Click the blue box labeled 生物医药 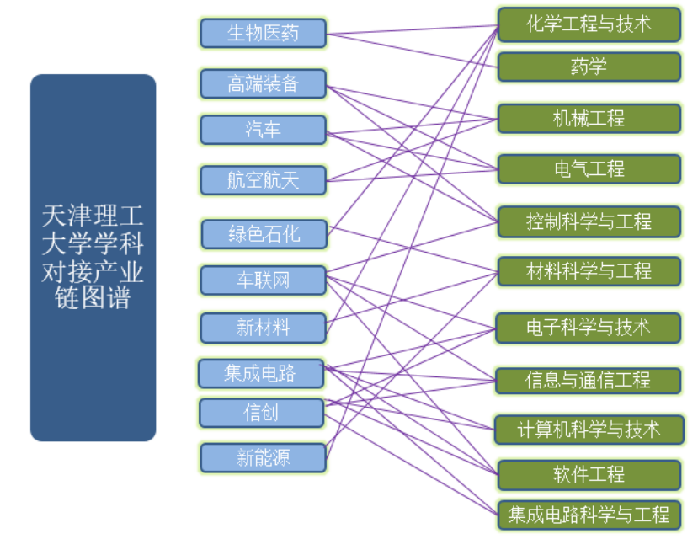tap(263, 34)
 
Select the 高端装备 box tap(263, 83)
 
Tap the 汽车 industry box tap(263, 130)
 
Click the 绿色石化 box tap(263, 233)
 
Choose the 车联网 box tap(263, 280)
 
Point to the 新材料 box tap(263, 327)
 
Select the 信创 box tap(261, 413)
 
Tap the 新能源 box tap(263, 458)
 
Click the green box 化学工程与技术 tap(589, 24)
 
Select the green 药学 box tap(589, 67)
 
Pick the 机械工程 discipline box tap(589, 119)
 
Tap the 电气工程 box tap(589, 169)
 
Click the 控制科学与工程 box tap(589, 222)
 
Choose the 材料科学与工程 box tap(589, 271)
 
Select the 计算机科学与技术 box tap(589, 429)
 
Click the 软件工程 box tap(589, 475)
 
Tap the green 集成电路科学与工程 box tap(589, 514)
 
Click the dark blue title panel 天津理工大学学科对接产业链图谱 tap(93, 257)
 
